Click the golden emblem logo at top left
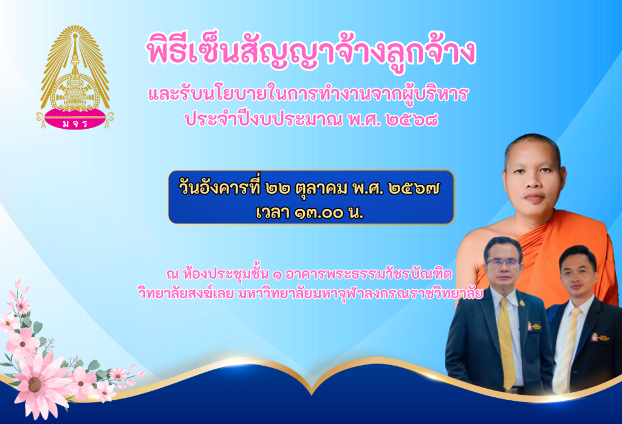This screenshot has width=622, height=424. (x=75, y=77)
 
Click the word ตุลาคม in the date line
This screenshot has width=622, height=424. (x=321, y=189)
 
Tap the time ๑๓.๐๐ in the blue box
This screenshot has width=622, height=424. (x=318, y=213)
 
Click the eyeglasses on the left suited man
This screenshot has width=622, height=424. (x=503, y=262)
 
